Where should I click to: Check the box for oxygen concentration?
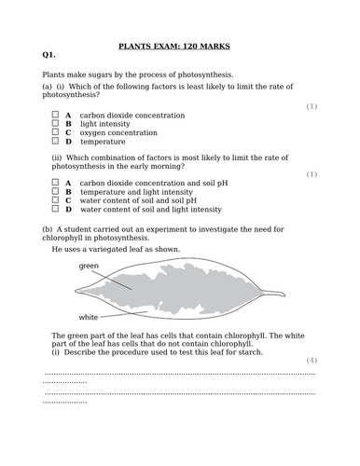(55, 132)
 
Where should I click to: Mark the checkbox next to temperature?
(55, 142)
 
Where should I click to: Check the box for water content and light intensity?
(55, 210)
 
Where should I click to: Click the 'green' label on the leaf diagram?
(89, 266)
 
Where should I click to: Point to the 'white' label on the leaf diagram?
(89, 317)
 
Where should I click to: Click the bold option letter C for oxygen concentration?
(68, 132)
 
